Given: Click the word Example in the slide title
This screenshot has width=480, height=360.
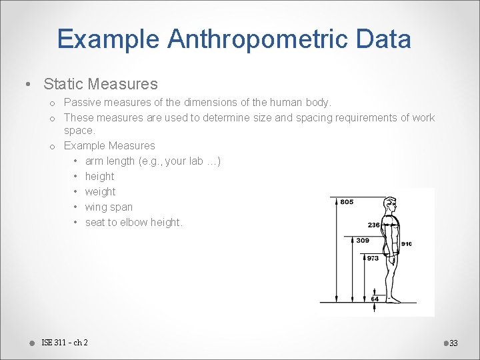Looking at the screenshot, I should pyautogui.click(x=108, y=39).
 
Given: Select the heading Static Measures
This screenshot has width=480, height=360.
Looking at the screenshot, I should pyautogui.click(x=101, y=84).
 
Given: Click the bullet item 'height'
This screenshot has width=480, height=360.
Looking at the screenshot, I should pyautogui.click(x=99, y=176).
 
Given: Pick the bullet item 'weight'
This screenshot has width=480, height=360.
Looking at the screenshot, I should pyautogui.click(x=100, y=191).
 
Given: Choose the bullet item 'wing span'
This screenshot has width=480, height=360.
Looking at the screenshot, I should pyautogui.click(x=109, y=207).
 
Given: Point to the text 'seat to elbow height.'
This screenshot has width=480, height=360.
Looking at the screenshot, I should pyautogui.click(x=133, y=222).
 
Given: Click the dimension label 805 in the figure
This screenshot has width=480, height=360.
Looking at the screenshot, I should pyautogui.click(x=347, y=202).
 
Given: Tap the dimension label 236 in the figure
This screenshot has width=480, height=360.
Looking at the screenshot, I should pyautogui.click(x=374, y=225).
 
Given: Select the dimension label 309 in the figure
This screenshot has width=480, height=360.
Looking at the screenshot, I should pyautogui.click(x=362, y=241).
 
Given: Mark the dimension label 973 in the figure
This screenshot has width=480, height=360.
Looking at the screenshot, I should pyautogui.click(x=373, y=258).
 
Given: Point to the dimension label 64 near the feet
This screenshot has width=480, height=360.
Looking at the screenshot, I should pyautogui.click(x=375, y=299).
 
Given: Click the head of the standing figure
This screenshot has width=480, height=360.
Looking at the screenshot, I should pyautogui.click(x=393, y=204).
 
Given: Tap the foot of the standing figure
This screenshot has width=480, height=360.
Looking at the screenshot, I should pyautogui.click(x=395, y=299).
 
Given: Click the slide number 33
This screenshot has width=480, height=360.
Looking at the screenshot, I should pyautogui.click(x=453, y=343).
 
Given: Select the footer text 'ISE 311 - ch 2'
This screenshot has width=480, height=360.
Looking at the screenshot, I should pyautogui.click(x=64, y=343).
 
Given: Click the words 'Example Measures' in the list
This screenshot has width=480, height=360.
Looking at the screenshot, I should pyautogui.click(x=109, y=145).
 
